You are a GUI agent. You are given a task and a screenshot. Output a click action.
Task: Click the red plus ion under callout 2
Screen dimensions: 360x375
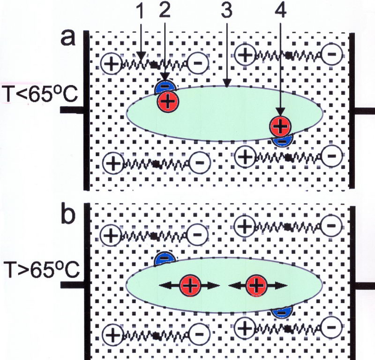(167, 100)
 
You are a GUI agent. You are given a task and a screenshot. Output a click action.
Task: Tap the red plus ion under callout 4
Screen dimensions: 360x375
(280, 125)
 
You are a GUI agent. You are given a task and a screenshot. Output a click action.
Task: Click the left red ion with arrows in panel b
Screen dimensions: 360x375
(189, 285)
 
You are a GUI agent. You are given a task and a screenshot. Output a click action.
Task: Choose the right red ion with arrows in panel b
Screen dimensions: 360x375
(256, 285)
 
